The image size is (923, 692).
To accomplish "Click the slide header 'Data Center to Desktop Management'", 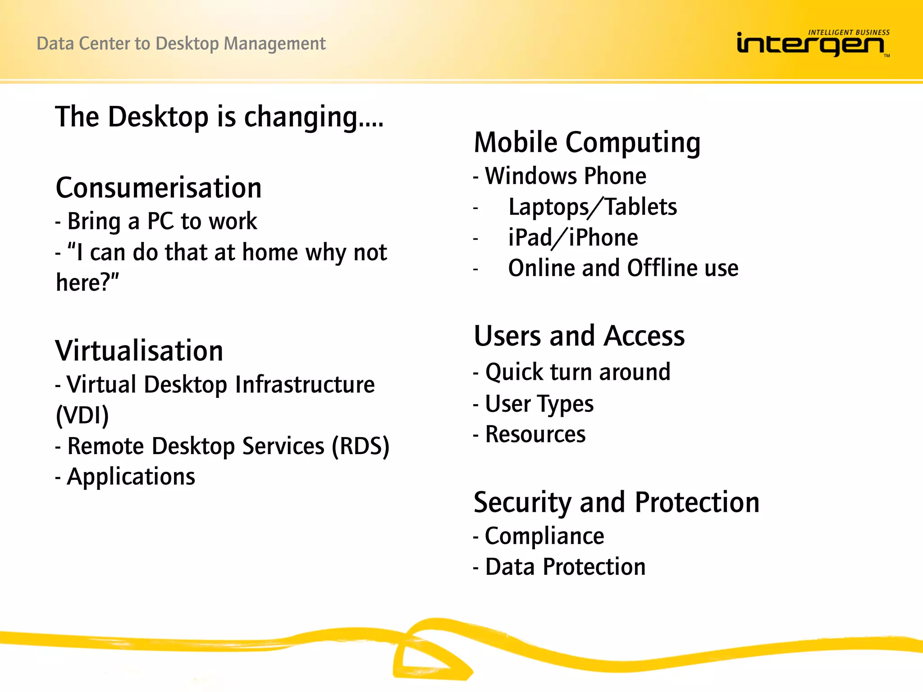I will pos(181,44).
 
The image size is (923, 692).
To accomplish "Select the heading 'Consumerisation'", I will pos(159,188).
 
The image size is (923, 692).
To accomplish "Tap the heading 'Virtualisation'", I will pos(139,351).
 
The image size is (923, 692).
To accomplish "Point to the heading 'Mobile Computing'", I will pos(587,143).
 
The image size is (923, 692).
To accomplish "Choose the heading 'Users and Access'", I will pos(579,336).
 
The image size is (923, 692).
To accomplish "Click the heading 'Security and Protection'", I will pos(616,502).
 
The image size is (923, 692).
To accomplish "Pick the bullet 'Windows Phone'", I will pos(565,176).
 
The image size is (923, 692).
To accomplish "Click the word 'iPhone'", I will pos(603,238).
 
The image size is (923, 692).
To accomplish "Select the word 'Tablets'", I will pos(640,207).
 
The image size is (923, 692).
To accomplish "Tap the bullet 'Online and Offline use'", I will pos(623,269).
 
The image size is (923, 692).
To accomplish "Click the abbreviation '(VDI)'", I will pos(82,415).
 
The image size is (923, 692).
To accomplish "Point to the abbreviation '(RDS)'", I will pos(361,446).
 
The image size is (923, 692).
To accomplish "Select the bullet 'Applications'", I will pos(131,477).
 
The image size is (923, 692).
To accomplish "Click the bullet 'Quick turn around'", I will pos(577,372).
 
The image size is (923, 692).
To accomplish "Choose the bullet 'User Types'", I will pos(539,404).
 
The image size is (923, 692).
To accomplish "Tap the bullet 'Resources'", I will pos(535,435).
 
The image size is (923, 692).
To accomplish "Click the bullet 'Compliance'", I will pos(544,536).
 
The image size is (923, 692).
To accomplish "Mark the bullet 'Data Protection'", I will pos(565,567).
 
